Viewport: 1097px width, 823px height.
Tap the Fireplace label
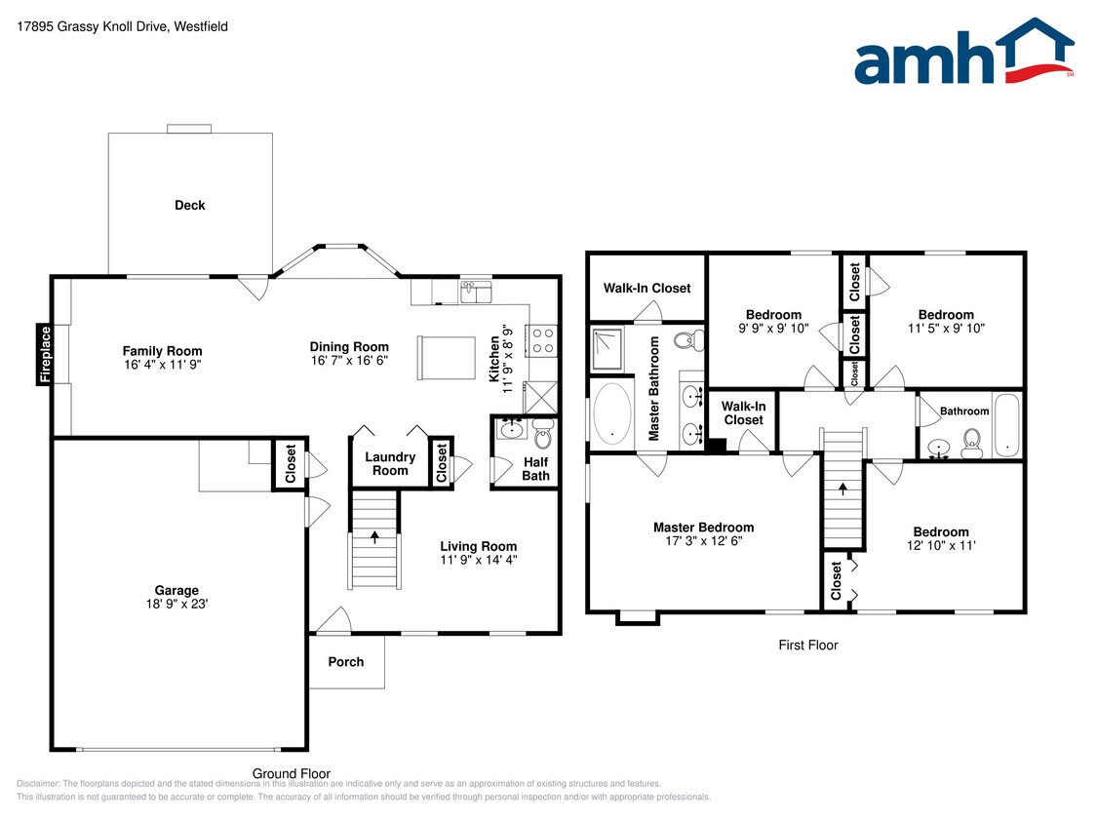click(x=45, y=354)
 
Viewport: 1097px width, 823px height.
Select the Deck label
click(x=190, y=205)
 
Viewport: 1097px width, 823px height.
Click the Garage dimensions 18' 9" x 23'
click(x=176, y=605)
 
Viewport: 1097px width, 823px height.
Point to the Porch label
click(x=345, y=662)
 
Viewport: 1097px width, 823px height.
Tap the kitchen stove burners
click(x=541, y=338)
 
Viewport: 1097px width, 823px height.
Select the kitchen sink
click(x=477, y=291)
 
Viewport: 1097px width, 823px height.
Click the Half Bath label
click(x=535, y=469)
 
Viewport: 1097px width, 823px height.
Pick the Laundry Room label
click(x=390, y=464)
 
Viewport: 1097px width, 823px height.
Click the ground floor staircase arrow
click(x=374, y=535)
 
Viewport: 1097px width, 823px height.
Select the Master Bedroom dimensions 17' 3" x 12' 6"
click(x=703, y=541)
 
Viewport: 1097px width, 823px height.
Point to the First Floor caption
click(x=807, y=645)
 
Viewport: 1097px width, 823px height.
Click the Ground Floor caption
click(x=292, y=773)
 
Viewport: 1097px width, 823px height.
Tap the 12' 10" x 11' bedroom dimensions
click(x=940, y=546)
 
